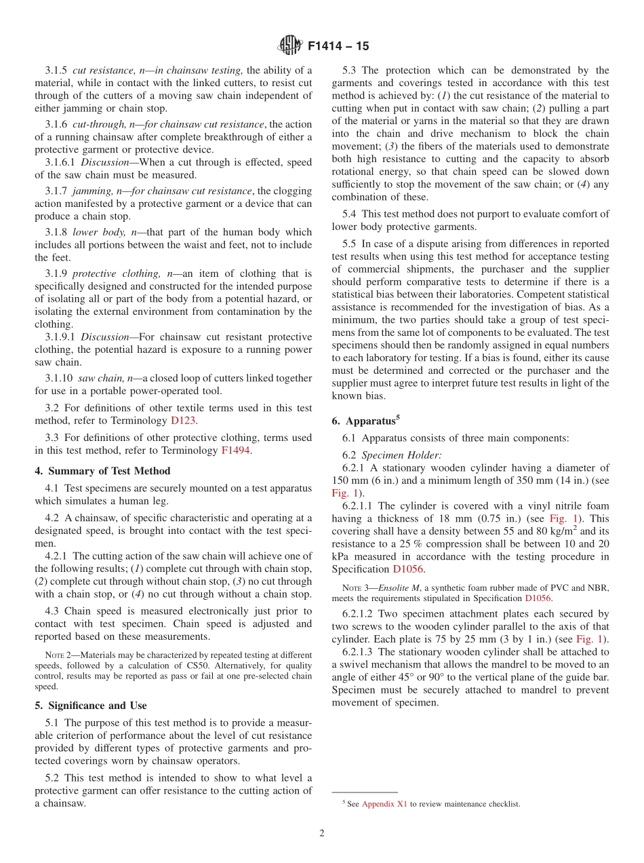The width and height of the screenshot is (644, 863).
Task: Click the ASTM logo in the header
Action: coord(289,45)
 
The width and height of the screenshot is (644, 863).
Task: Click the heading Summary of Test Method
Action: coord(102,471)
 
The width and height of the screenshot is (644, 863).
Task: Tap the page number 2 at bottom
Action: coord(322,833)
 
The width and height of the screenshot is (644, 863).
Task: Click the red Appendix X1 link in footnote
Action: coord(384,804)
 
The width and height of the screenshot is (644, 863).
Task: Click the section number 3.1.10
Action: coord(59,378)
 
